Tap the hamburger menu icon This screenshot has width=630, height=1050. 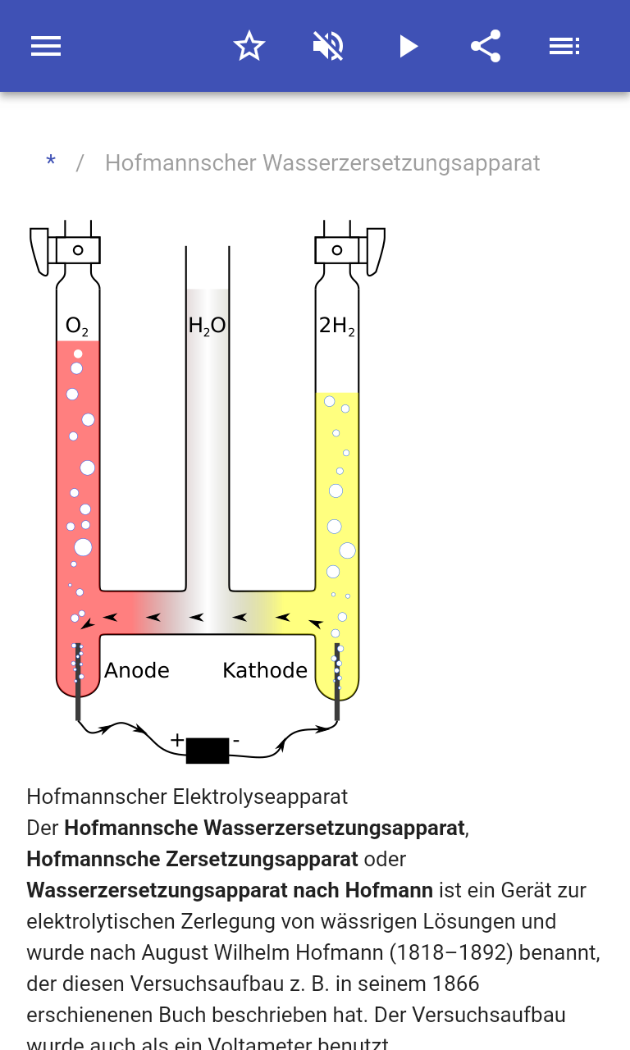pos(46,46)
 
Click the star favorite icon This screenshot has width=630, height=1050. pos(249,46)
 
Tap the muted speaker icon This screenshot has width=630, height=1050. pos(328,46)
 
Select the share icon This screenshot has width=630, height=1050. pos(486,46)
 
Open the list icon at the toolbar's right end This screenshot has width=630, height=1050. pos(564,46)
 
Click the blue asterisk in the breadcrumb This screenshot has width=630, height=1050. pos(51,163)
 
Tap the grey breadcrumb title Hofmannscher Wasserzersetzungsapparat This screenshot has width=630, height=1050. pos(322,163)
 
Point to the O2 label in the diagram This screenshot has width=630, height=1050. pos(76,327)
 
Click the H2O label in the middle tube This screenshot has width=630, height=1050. pos(207,326)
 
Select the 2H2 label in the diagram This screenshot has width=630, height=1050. pos(337,326)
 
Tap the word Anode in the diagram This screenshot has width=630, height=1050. pos(137,670)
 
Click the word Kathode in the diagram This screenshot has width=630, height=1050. pos(265,670)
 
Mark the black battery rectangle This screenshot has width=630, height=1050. pos(208,751)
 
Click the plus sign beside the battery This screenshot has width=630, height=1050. pos(177,740)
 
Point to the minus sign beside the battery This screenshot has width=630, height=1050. pos(236,740)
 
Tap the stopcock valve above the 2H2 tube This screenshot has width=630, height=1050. pos(337,250)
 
